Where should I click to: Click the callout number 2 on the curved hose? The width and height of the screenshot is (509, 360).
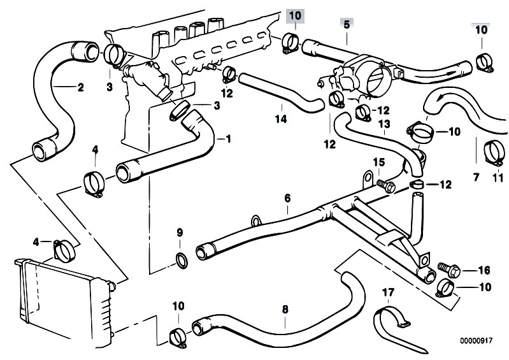pyautogui.click(x=80, y=88)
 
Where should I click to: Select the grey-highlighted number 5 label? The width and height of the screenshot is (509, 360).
pyautogui.click(x=347, y=24)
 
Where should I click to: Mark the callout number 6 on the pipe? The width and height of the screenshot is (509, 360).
pyautogui.click(x=287, y=198)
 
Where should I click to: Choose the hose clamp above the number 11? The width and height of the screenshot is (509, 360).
pyautogui.click(x=493, y=150)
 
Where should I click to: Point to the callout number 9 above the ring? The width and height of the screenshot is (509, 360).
pyautogui.click(x=180, y=231)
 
